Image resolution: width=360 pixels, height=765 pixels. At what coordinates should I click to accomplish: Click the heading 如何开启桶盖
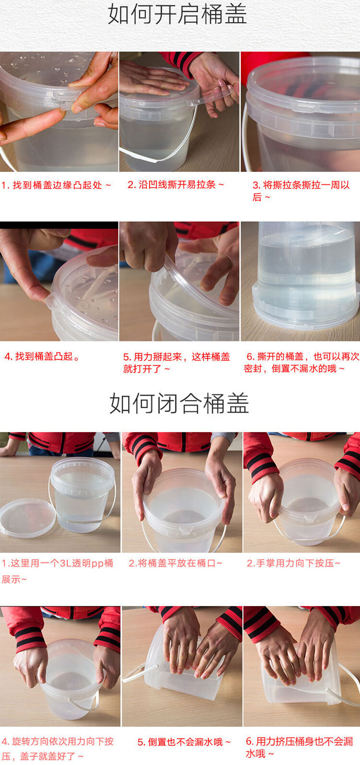[178, 14]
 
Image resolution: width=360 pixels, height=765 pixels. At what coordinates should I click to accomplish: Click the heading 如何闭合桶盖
[179, 403]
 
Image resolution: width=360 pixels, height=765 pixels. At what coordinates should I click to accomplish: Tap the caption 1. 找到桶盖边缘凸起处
[56, 185]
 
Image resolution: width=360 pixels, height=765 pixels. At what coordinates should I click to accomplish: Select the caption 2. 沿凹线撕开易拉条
[175, 185]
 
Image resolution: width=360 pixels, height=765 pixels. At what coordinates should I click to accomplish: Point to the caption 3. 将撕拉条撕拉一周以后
[301, 191]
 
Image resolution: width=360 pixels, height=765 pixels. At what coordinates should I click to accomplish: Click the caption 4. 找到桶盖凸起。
[42, 356]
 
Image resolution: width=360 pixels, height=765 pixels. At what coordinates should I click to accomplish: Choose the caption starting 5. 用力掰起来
[177, 363]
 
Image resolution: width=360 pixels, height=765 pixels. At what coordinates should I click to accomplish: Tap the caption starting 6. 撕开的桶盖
[301, 363]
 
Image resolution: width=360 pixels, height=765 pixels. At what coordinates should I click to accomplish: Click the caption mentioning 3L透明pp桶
[57, 571]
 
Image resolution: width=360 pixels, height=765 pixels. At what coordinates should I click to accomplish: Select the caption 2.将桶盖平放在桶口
[175, 563]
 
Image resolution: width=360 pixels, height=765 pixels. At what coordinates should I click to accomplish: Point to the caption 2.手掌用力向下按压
[293, 563]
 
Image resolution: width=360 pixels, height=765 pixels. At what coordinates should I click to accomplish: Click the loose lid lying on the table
[27, 518]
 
